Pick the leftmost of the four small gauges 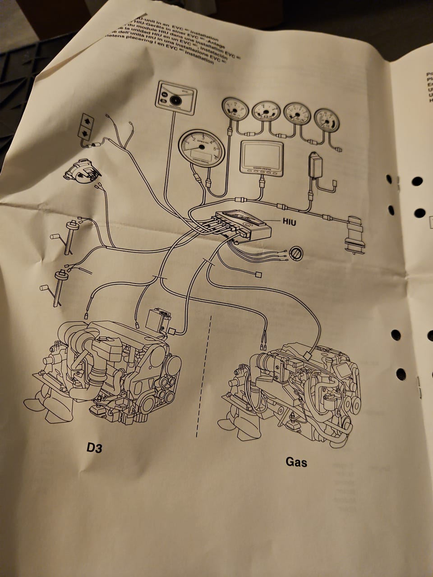click(235, 110)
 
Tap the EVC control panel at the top click(176, 96)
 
